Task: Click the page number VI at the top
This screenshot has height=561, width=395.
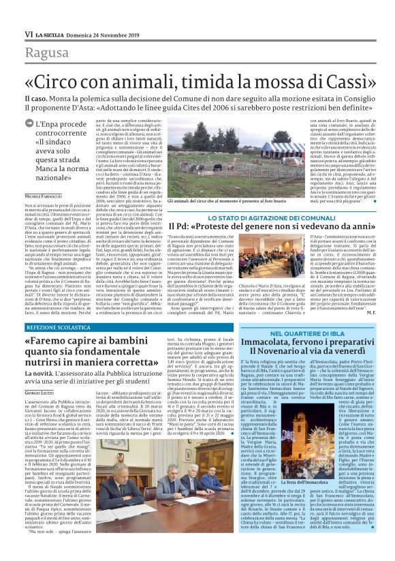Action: click(28, 33)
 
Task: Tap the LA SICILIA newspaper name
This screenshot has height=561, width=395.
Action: click(53, 33)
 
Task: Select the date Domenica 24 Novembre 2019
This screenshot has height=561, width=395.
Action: click(108, 33)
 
